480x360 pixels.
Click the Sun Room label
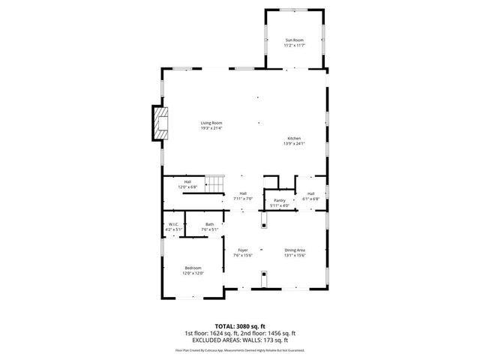coord(294,40)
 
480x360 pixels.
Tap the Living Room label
coord(211,123)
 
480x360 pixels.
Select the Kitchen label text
coord(294,138)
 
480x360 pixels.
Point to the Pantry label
coord(279,200)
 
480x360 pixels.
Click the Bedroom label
coord(193,268)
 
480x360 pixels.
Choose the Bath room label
coord(210,224)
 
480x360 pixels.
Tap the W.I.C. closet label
coord(172,224)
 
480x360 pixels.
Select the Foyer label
coord(243,250)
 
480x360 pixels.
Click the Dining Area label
coord(294,250)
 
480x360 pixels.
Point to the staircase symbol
coord(215,184)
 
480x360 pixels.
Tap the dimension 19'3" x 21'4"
coord(211,128)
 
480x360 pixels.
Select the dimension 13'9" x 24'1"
coord(294,143)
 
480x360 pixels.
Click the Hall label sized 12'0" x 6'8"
coord(187,181)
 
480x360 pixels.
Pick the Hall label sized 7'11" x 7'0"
coord(243,193)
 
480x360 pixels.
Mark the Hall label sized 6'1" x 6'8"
coord(310,193)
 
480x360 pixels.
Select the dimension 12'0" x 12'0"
coord(193,273)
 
